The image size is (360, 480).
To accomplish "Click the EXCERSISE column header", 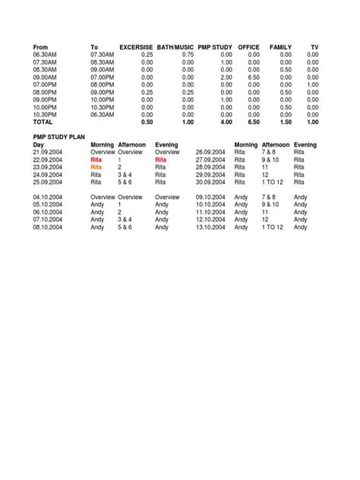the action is tap(137, 48).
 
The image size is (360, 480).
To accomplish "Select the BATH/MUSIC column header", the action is tap(175, 48).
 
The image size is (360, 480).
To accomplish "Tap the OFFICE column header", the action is tap(249, 48).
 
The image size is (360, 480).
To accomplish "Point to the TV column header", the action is tap(314, 48).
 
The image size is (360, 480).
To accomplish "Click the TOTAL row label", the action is tap(43, 122).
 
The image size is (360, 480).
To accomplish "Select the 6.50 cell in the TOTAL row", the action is tap(253, 122).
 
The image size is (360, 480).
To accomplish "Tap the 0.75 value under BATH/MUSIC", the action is tap(188, 55).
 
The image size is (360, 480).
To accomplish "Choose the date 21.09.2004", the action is tap(47, 152).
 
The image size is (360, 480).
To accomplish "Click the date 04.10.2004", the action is tap(47, 197).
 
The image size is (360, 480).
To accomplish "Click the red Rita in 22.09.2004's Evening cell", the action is tap(160, 159).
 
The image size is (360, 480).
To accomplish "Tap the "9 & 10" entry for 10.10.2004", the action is tap(271, 204).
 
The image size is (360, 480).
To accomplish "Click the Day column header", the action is tap(39, 144).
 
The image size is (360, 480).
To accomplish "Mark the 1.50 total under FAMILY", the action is tap(285, 122).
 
